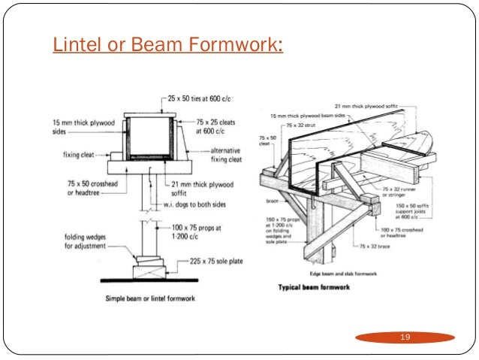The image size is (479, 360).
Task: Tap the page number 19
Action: [406, 337]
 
